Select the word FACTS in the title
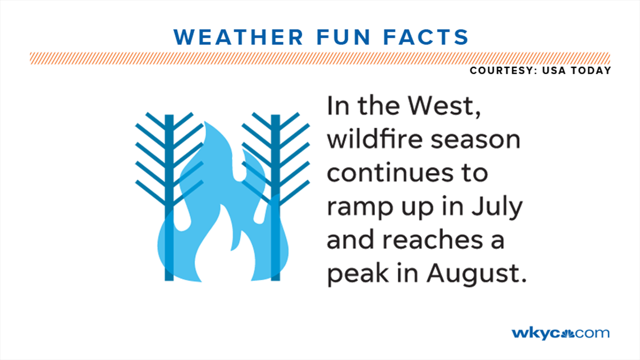tap(429, 37)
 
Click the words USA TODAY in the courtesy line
tap(582, 71)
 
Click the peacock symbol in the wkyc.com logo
tap(568, 332)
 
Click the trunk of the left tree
tap(169, 197)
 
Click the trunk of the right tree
tap(275, 197)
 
